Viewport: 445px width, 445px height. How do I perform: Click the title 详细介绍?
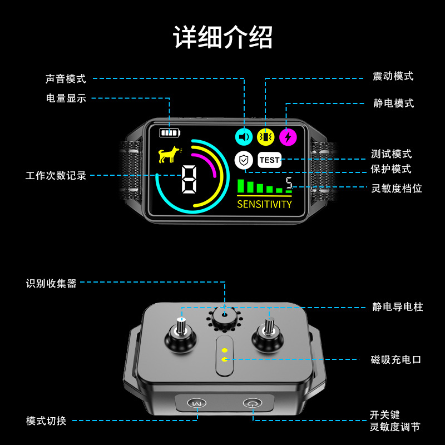tap(223, 37)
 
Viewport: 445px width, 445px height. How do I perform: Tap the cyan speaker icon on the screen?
tap(244, 137)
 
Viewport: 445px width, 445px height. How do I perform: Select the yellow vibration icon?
tap(266, 137)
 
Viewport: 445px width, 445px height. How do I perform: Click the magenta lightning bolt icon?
tap(288, 137)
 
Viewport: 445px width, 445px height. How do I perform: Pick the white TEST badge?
tap(269, 160)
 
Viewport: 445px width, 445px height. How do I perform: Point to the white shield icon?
tap(244, 160)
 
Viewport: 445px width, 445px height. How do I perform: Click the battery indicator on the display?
tap(170, 132)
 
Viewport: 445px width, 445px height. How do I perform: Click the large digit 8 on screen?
tap(189, 179)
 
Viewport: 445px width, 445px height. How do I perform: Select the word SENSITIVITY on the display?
tap(264, 204)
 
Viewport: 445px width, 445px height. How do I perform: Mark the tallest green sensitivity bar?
tap(241, 186)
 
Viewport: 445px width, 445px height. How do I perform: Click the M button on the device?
tap(197, 403)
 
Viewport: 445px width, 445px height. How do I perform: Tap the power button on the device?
tap(253, 403)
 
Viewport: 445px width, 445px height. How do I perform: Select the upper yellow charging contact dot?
tap(225, 350)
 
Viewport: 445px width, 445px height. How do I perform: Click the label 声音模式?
tap(66, 78)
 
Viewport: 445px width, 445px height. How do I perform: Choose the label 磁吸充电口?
tap(396, 359)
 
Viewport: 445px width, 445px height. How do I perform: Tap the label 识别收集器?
tap(51, 283)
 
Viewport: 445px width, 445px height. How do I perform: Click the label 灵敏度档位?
tap(397, 188)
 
